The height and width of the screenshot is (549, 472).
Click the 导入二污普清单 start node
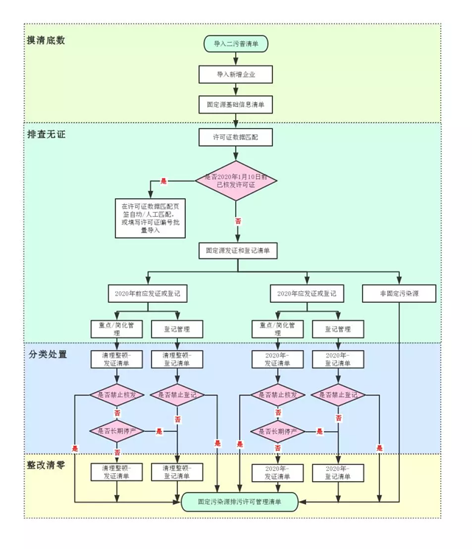236,43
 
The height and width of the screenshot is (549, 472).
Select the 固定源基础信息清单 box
236,105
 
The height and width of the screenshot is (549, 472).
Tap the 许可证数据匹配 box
236,137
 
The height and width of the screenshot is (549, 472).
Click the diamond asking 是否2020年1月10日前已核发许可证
236,180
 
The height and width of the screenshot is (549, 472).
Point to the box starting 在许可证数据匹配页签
150,217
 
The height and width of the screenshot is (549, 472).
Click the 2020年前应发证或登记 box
147,293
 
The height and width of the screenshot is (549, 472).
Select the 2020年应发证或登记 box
308,293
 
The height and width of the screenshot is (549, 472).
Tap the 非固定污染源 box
399,293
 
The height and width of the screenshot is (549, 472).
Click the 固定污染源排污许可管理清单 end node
239,501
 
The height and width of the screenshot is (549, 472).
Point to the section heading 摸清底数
46,41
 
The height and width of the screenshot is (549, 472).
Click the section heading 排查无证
46,134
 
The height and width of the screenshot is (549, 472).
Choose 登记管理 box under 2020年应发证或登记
339,328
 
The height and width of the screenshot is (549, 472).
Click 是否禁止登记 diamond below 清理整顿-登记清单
177,395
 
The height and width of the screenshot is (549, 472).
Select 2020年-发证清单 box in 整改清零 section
277,472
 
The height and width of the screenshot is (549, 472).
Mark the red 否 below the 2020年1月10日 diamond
237,220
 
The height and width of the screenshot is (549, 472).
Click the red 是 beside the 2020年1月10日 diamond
164,181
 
